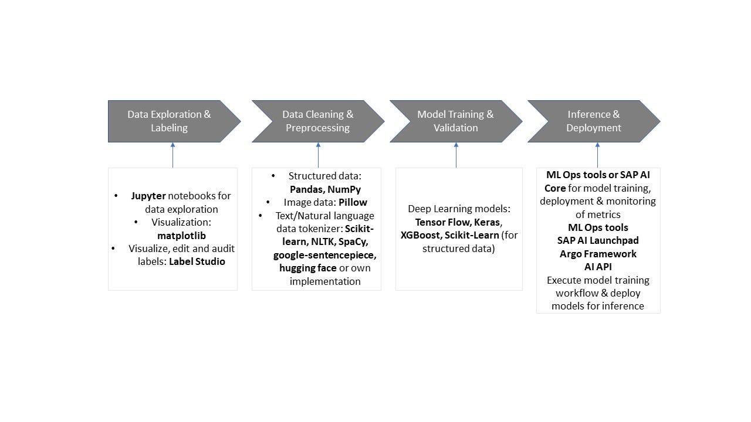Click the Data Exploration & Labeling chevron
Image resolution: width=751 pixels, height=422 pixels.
coord(169,121)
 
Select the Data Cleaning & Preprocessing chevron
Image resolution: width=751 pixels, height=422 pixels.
coord(317,121)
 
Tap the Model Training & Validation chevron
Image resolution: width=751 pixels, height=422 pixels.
coord(455,121)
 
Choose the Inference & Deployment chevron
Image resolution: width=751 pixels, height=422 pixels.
coord(593,121)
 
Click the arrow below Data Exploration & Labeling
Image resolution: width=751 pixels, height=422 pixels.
coord(172,155)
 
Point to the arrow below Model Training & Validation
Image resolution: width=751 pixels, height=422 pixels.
coord(456,155)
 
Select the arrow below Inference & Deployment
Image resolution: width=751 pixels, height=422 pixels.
coord(597,155)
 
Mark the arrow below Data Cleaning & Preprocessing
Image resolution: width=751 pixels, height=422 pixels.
coord(318,155)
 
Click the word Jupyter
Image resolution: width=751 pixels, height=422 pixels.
coord(148,196)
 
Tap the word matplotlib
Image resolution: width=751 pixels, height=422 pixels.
coord(181,235)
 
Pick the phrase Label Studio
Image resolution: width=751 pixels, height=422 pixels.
coord(197,261)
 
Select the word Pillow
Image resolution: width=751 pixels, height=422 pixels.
coord(353,202)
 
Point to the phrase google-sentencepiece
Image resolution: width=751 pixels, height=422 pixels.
coord(324,255)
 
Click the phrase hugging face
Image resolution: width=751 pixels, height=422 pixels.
coord(307,268)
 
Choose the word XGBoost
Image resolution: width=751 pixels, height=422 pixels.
coord(420,235)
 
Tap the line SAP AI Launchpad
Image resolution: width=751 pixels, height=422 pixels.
coord(598,240)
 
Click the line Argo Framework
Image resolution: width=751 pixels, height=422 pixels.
coord(598,254)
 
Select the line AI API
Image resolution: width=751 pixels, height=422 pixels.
coord(598,267)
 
